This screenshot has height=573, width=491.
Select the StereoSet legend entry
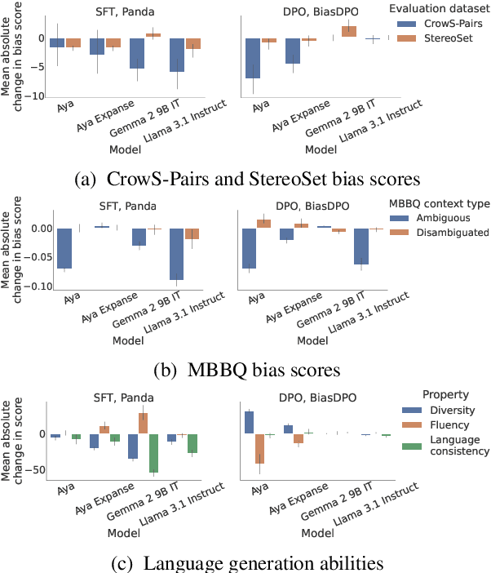click(438, 38)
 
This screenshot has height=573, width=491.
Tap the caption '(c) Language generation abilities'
click(245, 561)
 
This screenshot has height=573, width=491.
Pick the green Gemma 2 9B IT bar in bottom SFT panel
click(153, 453)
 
